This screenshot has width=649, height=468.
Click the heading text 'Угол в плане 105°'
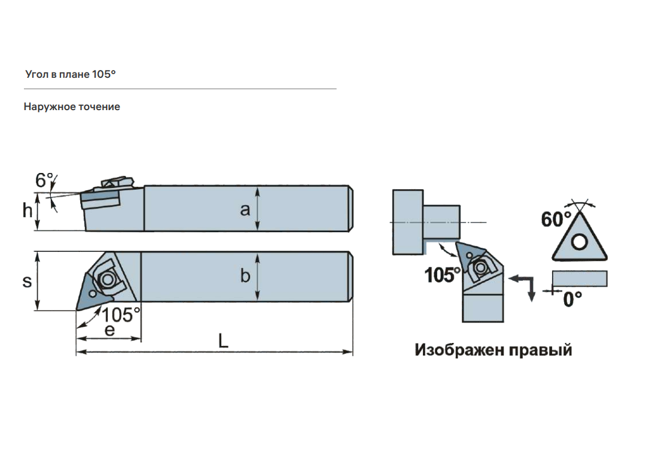(x=70, y=75)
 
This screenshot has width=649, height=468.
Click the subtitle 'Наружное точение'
(x=72, y=107)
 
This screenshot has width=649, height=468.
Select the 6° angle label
(x=44, y=180)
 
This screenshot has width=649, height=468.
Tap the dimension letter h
(x=28, y=211)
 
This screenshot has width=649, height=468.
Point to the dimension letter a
(x=245, y=209)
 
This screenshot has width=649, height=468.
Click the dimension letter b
(x=245, y=276)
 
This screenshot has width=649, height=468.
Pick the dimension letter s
(x=27, y=281)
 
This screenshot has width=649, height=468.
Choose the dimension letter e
(x=109, y=330)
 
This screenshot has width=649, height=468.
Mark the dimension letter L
(x=223, y=341)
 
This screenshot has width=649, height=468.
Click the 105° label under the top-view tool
(x=121, y=315)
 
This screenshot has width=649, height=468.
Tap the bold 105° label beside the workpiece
(x=443, y=276)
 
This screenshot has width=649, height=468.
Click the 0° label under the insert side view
(x=572, y=299)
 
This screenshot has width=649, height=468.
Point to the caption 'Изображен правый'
(x=493, y=350)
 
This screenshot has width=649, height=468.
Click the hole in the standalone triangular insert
(x=578, y=242)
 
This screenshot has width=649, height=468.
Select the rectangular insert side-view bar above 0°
(x=580, y=278)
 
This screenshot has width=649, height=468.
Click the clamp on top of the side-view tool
(x=117, y=182)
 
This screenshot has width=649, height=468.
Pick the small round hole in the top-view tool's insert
(x=93, y=294)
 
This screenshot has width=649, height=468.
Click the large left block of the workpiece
(x=407, y=222)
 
